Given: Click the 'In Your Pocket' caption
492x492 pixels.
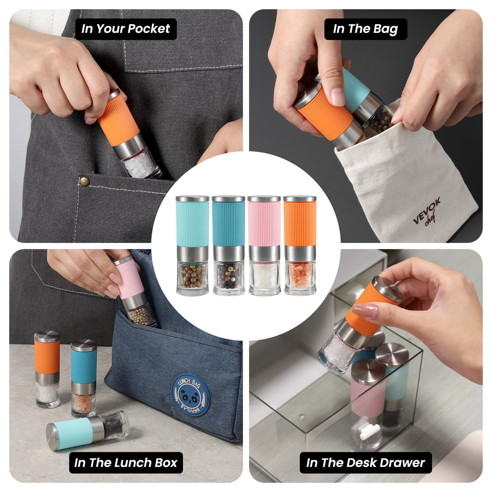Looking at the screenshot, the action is coord(126,29).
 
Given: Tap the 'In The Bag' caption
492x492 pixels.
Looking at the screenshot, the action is coord(366,29).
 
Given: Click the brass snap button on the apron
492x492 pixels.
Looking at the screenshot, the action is coord(84,180).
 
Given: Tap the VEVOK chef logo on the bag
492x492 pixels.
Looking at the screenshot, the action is coord(427,211).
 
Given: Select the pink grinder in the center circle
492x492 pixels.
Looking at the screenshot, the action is coord(264,245).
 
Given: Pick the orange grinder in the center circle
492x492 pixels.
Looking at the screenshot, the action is coord(300,245).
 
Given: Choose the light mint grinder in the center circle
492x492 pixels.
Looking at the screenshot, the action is coord(192,245).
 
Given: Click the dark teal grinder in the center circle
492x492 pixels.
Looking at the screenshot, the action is coord(229,245).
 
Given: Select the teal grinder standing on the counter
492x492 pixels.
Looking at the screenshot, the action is coord(84,378).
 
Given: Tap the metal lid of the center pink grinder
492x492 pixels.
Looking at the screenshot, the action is coord(264,199).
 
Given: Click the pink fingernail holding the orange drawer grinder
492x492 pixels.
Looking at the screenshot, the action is coord(365,312).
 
